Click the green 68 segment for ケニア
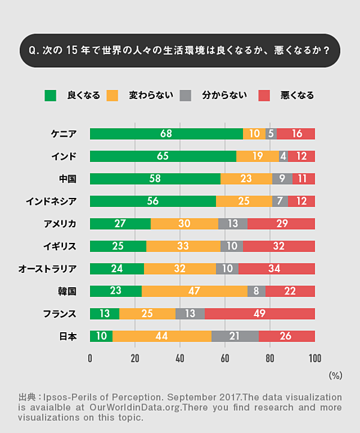(x=166, y=134)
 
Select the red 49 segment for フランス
(x=260, y=314)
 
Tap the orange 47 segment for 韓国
(x=194, y=291)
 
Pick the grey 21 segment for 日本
(x=235, y=336)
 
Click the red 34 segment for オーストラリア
(x=277, y=269)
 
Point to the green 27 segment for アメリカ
(x=120, y=224)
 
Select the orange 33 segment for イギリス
(x=183, y=246)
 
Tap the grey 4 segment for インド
(x=283, y=157)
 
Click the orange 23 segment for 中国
(x=246, y=179)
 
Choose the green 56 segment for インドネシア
(x=152, y=202)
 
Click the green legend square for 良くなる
(x=50, y=95)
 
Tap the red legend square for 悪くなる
(x=264, y=95)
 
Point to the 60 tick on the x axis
(x=225, y=359)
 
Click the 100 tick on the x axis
(x=314, y=359)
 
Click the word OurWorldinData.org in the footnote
(x=141, y=408)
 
